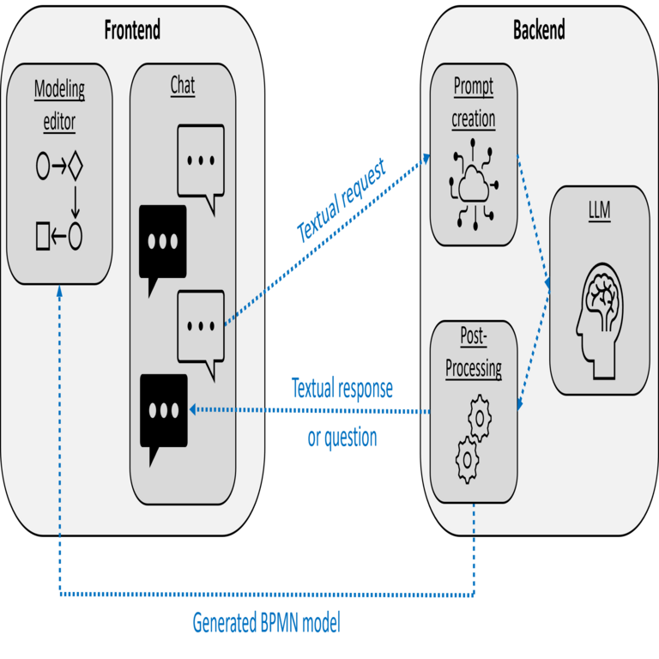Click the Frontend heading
pos(132,30)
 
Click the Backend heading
pos(539,30)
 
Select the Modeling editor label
pos(59,105)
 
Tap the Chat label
pos(182,85)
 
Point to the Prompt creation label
pos(474,102)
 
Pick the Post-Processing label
pos(474,354)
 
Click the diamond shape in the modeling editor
pos(76,166)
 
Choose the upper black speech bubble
pos(162,243)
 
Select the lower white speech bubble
pos(201,327)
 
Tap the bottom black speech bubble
pos(163,412)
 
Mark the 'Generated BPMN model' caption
pos(266,622)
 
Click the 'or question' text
pos(342,438)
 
